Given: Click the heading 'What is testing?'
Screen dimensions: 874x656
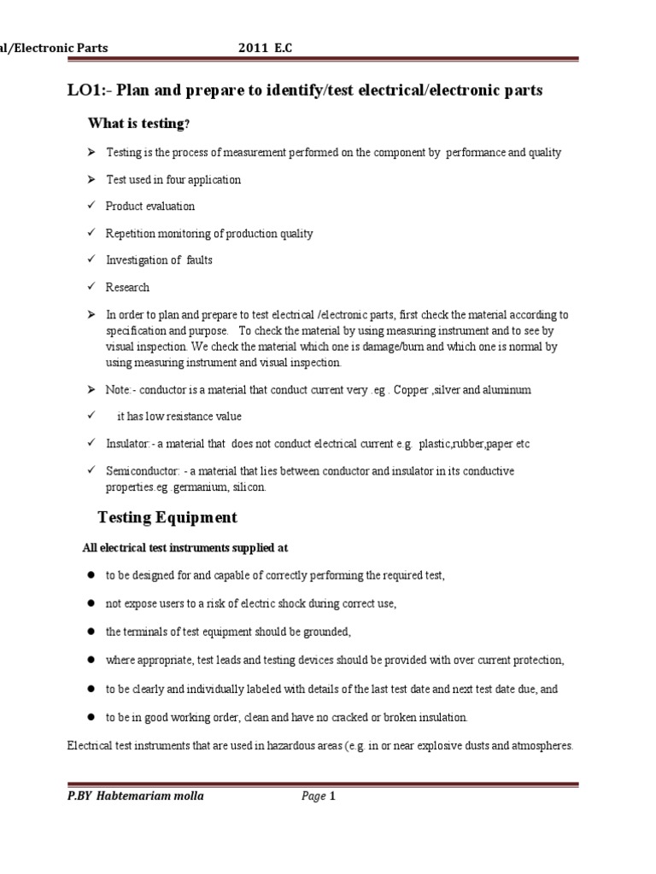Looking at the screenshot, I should point(139,124).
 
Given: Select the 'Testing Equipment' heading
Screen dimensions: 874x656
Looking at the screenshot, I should point(167,517).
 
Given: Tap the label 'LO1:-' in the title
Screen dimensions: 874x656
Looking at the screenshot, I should point(88,90).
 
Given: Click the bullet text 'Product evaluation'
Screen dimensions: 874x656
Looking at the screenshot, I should point(150,207).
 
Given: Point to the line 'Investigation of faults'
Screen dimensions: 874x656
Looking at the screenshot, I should point(159,260).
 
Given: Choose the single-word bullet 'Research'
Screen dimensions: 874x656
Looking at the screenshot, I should point(127,288).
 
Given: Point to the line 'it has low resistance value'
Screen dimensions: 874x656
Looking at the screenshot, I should point(179,417).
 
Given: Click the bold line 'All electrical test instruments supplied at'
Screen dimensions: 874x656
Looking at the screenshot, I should point(190,547).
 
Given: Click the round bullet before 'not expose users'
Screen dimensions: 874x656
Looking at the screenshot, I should point(89,603).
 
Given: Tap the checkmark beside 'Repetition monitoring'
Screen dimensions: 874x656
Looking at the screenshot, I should point(88,234).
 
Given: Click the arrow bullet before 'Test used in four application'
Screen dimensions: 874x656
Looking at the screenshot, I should point(89,180).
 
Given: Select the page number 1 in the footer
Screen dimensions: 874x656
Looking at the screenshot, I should point(333,797).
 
